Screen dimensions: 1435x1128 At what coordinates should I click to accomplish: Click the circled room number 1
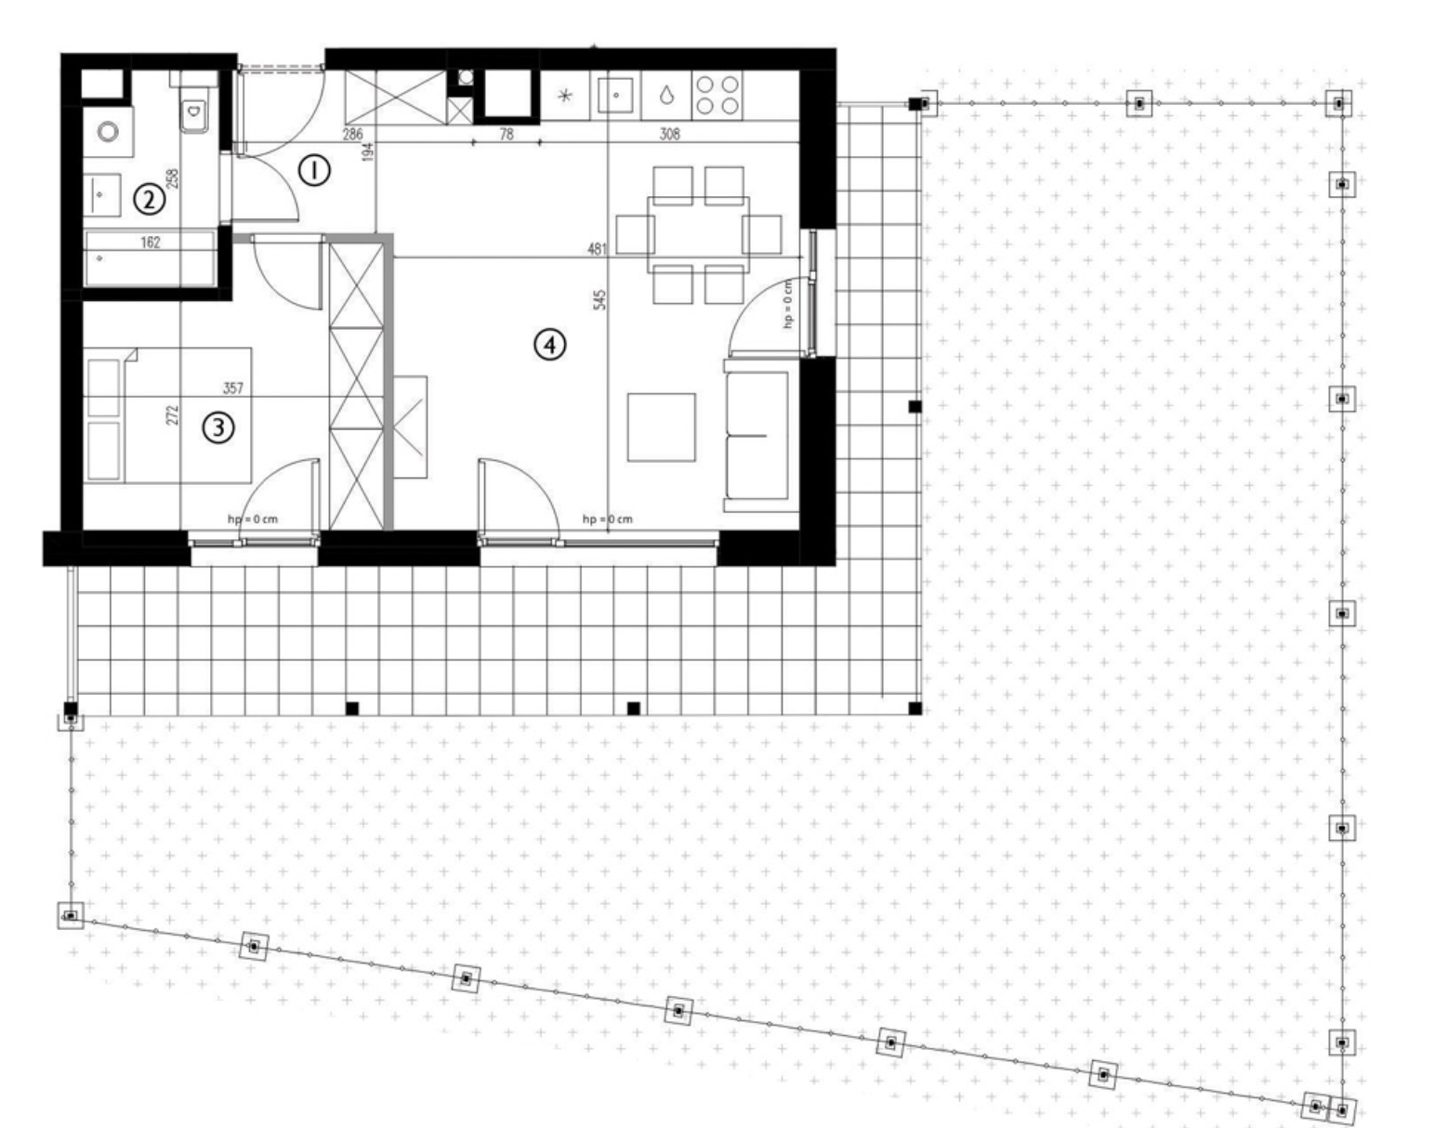(x=313, y=171)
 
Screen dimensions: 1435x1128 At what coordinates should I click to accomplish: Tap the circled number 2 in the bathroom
(x=149, y=199)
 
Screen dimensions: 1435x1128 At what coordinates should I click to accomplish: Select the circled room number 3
(x=218, y=427)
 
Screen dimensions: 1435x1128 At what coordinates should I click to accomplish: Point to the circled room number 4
(x=549, y=345)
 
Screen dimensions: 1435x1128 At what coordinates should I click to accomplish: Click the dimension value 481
(x=597, y=249)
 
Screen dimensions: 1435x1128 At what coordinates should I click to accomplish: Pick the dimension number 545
(x=600, y=299)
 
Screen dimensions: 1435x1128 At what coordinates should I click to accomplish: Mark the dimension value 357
(x=232, y=387)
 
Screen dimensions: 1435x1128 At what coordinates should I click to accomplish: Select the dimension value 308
(x=669, y=134)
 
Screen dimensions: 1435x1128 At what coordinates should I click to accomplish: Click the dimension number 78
(x=507, y=134)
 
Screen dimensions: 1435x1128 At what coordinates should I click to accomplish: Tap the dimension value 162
(x=150, y=243)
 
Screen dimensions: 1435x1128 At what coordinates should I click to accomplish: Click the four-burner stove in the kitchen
(x=717, y=96)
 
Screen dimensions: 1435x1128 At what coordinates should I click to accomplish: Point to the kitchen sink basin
(x=615, y=96)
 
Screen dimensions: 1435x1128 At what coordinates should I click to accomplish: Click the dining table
(x=698, y=234)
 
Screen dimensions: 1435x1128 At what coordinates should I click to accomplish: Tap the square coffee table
(x=661, y=427)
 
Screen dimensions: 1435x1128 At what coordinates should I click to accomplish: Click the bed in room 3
(x=167, y=414)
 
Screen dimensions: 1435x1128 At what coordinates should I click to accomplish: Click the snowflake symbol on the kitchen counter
(x=565, y=96)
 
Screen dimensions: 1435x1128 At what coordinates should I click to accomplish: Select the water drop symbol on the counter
(x=666, y=96)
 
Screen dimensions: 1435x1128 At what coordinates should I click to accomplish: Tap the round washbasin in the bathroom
(x=108, y=131)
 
